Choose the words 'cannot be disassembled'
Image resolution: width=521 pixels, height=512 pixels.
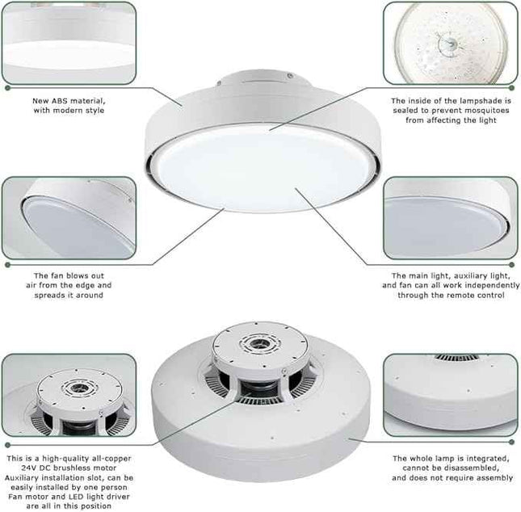click(x=452, y=468)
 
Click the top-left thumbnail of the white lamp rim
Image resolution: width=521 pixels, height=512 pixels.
click(x=68, y=42)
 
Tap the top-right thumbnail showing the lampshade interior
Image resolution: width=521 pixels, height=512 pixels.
click(x=450, y=42)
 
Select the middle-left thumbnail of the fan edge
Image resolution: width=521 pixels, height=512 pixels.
click(x=68, y=217)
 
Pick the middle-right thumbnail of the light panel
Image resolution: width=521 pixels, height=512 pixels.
click(x=450, y=217)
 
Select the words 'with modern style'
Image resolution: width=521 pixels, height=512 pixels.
click(x=68, y=111)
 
